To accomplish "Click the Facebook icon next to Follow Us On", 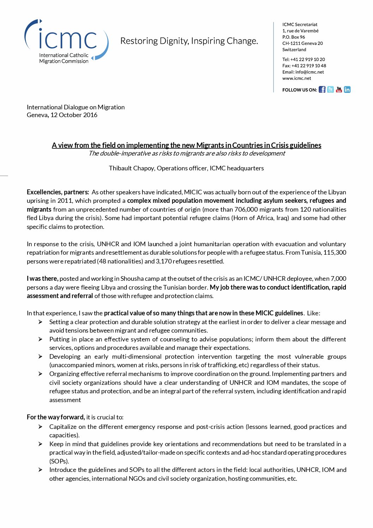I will (322, 90).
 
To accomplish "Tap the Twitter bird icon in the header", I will (330, 90).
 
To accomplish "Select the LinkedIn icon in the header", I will (347, 90).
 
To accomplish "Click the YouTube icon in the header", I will (339, 90).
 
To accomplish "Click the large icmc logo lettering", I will (68, 40).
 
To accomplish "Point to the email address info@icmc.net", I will (310, 72).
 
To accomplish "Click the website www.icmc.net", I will (297, 78).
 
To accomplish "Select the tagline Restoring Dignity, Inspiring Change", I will (189, 41).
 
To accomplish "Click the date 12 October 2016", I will (74, 115).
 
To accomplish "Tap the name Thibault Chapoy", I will (131, 168).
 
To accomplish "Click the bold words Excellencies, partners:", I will (58, 192).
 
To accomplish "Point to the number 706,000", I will (246, 210).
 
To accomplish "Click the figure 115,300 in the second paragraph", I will (335, 253).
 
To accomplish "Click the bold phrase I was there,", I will (42, 279).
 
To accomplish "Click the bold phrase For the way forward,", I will (56, 417).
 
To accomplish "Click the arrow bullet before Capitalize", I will (41, 427).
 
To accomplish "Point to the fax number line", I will (304, 66).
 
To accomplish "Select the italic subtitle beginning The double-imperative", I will (186, 153).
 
